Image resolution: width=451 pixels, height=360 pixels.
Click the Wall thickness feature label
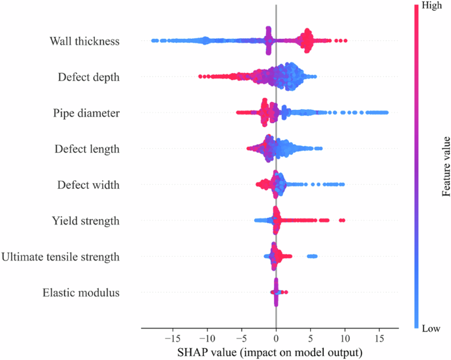point(84,41)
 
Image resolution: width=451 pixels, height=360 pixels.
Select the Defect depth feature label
point(88,77)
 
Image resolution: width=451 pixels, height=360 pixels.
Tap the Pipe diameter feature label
point(86,113)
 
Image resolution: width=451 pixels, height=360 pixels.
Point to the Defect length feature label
point(87,149)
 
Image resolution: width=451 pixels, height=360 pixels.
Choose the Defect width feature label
point(88,185)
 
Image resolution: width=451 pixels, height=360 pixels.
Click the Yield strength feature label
point(86,220)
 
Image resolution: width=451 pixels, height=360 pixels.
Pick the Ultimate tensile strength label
point(61,257)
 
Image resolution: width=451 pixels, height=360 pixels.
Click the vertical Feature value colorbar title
point(446,167)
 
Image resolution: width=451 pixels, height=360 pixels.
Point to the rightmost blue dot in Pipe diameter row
point(386,113)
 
